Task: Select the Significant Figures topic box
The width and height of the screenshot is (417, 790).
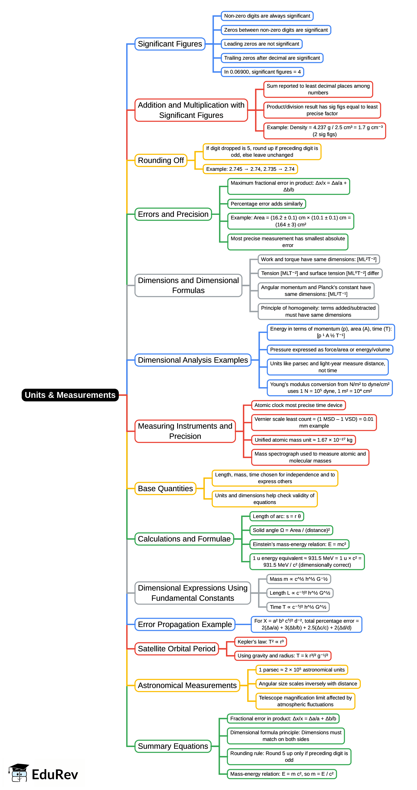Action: [x=170, y=44]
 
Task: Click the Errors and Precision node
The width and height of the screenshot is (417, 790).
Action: [x=173, y=214]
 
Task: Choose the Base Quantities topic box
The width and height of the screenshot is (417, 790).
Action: [x=165, y=488]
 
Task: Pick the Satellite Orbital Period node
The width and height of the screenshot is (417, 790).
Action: [x=177, y=649]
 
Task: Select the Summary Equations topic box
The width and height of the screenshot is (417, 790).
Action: [x=173, y=746]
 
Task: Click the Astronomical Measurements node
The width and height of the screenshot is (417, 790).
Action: [x=187, y=685]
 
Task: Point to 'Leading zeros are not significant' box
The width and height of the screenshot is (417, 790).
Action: [x=261, y=44]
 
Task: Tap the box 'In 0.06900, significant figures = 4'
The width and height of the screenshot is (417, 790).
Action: [x=262, y=72]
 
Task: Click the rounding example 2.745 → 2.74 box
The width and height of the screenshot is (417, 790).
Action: [x=250, y=169]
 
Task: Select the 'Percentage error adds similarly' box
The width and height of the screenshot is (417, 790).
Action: [x=266, y=204]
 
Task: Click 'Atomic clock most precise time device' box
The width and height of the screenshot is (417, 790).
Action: [x=298, y=405]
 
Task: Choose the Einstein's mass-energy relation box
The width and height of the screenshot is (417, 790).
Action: [x=299, y=544]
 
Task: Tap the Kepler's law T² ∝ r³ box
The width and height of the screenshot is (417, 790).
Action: [x=260, y=642]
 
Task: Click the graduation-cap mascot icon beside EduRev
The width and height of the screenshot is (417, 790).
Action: [x=19, y=773]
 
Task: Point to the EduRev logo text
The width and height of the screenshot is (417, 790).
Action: [x=55, y=774]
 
